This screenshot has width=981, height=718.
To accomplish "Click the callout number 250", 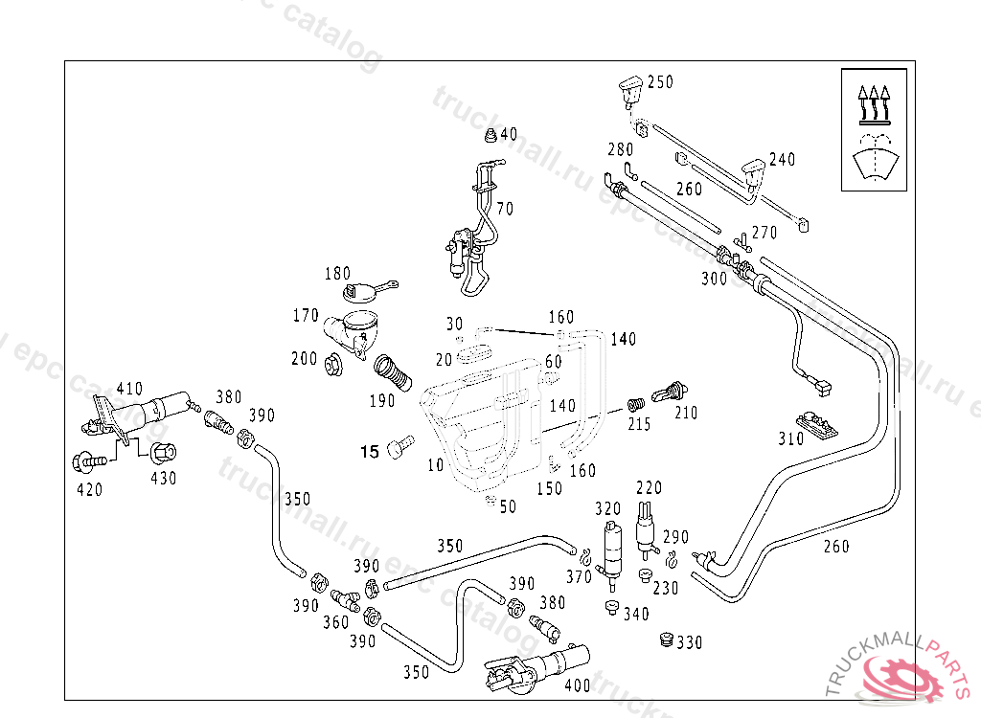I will pyautogui.click(x=660, y=82).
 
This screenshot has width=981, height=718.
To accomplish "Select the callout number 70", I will pyautogui.click(x=505, y=209).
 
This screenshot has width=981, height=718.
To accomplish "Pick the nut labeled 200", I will pyautogui.click(x=334, y=364).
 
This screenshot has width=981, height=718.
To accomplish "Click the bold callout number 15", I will pyautogui.click(x=370, y=452).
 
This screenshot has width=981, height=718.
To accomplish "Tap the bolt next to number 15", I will pyautogui.click(x=399, y=445).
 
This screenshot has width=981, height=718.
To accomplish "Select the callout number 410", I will pyautogui.click(x=129, y=389).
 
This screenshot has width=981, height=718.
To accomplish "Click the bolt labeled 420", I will pyautogui.click(x=89, y=461).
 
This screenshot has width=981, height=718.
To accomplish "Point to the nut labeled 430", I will pyautogui.click(x=161, y=452).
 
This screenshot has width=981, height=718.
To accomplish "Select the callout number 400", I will pyautogui.click(x=578, y=685).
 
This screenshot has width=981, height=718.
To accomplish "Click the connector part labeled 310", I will pyautogui.click(x=816, y=422).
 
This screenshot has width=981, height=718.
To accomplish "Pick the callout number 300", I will pyautogui.click(x=715, y=279).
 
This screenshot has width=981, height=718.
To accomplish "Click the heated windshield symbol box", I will pyautogui.click(x=873, y=129).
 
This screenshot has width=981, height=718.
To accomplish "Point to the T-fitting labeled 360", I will pyautogui.click(x=344, y=599).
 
